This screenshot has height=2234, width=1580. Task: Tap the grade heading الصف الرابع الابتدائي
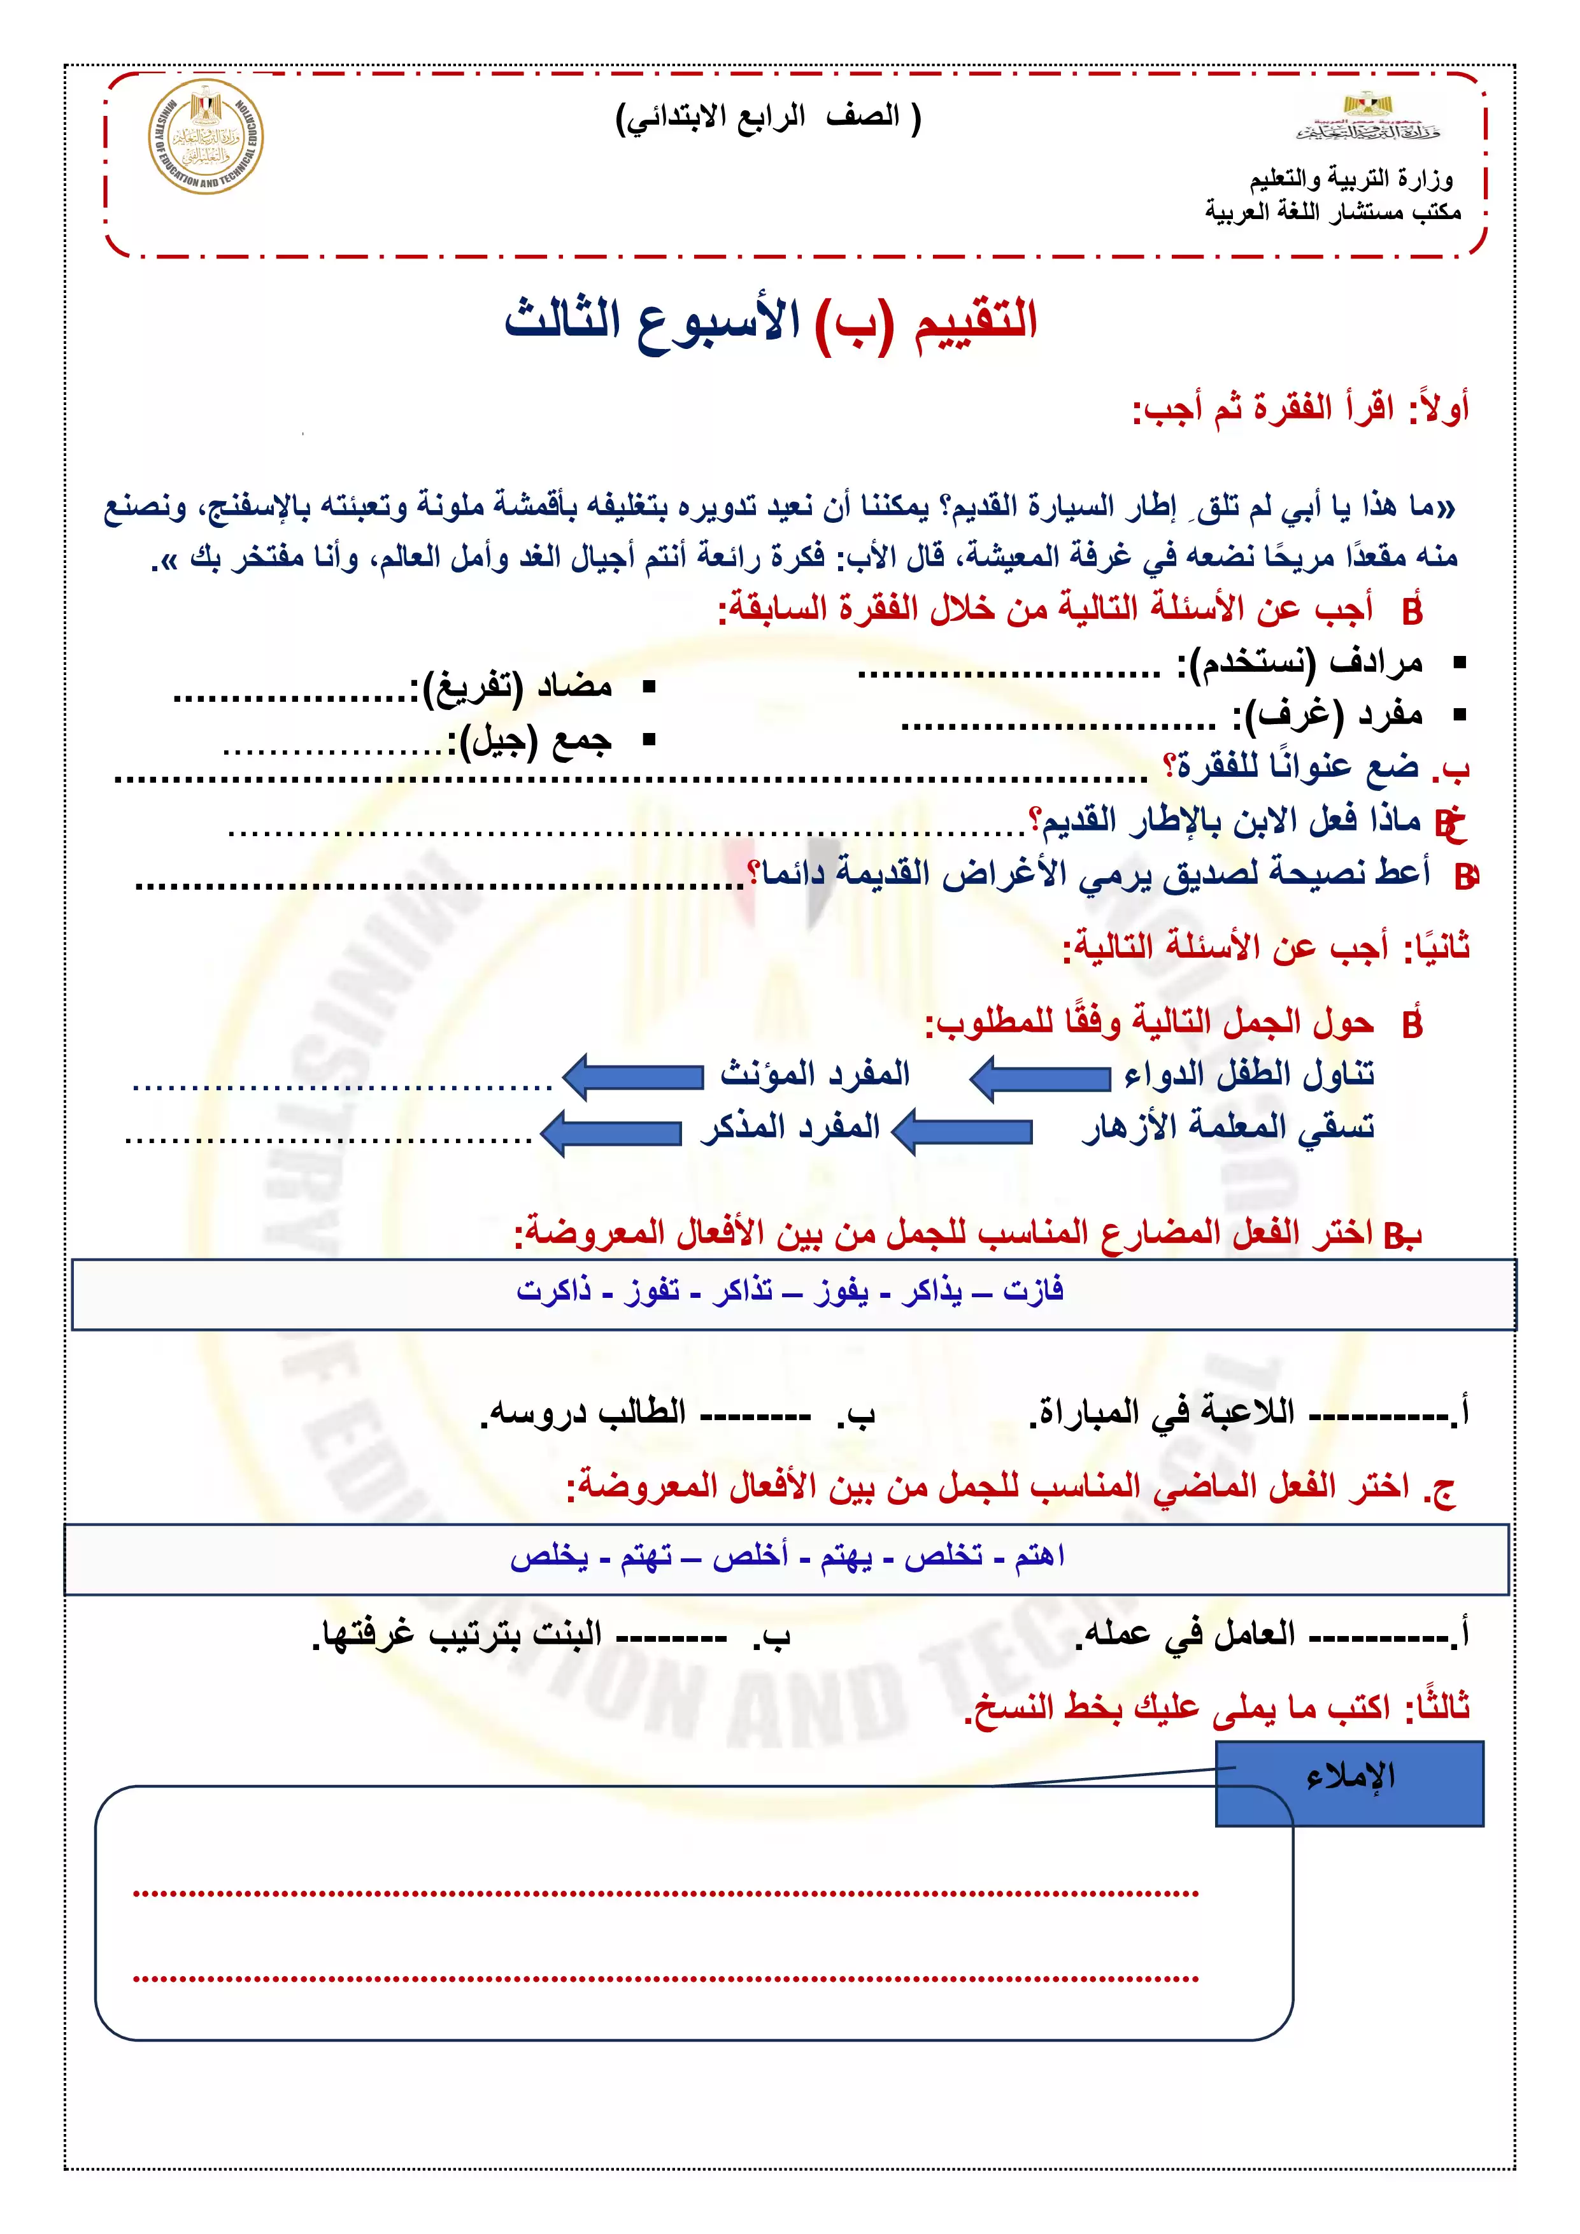[x=769, y=118]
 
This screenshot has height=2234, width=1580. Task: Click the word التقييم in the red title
[x=976, y=320]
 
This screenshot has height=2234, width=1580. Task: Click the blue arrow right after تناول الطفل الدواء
[x=1040, y=1077]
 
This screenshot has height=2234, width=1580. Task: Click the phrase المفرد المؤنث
[x=815, y=1073]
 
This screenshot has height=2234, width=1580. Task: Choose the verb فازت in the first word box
[x=1032, y=1291]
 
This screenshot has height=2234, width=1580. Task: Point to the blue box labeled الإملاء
[x=1349, y=1782]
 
